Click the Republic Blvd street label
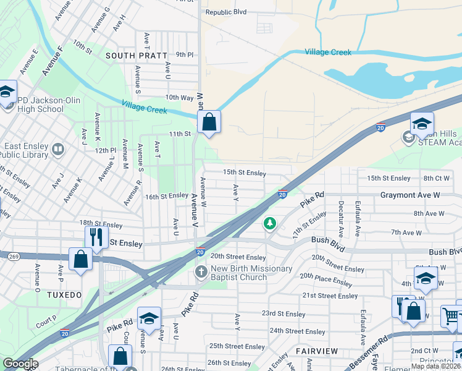[x=226, y=12]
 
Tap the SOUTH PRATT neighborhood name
[x=136, y=56]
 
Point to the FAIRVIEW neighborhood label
[x=317, y=351]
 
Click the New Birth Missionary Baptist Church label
[x=242, y=273]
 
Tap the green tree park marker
[x=269, y=223]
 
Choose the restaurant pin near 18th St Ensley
[x=96, y=237]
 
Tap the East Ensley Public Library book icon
[x=57, y=149]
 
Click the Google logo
[x=20, y=364]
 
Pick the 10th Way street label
[x=179, y=98]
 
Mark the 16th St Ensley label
[x=167, y=195]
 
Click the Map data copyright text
[x=436, y=366]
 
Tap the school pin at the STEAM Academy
[x=422, y=124]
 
